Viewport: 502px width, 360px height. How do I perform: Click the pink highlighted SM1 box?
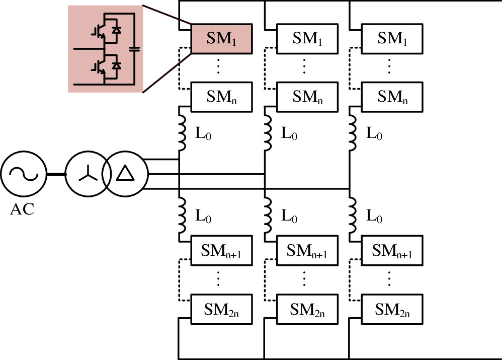(x=221, y=38)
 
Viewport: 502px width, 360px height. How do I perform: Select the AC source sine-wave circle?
(x=23, y=174)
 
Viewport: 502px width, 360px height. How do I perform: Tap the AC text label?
(x=22, y=209)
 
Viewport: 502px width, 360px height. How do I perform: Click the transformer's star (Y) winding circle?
(x=88, y=174)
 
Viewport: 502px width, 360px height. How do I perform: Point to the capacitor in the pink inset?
(x=134, y=49)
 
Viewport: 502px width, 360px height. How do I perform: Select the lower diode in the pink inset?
(x=117, y=66)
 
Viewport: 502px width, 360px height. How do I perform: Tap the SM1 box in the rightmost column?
(x=392, y=38)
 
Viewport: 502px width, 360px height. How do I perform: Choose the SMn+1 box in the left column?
(x=221, y=250)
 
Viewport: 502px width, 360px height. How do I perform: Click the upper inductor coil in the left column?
(x=183, y=132)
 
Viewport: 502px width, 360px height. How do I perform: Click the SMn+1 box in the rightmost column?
(x=392, y=250)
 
